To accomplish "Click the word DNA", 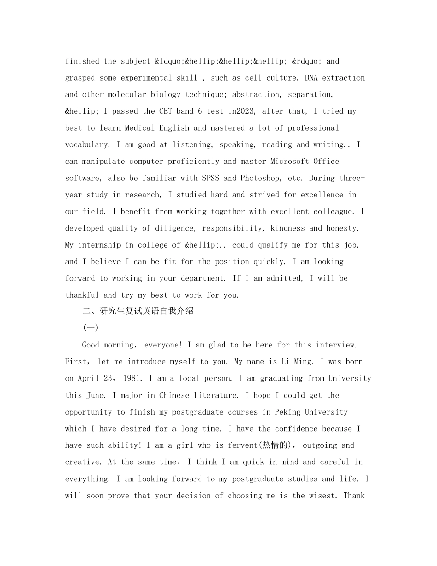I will click(x=311, y=78).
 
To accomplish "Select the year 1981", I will click(x=132, y=378).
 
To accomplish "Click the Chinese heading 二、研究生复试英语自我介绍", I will click(x=138, y=312).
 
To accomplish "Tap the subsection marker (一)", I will click(x=90, y=328).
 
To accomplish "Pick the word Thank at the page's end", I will click(x=354, y=496).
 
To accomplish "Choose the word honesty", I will click(x=341, y=228).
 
